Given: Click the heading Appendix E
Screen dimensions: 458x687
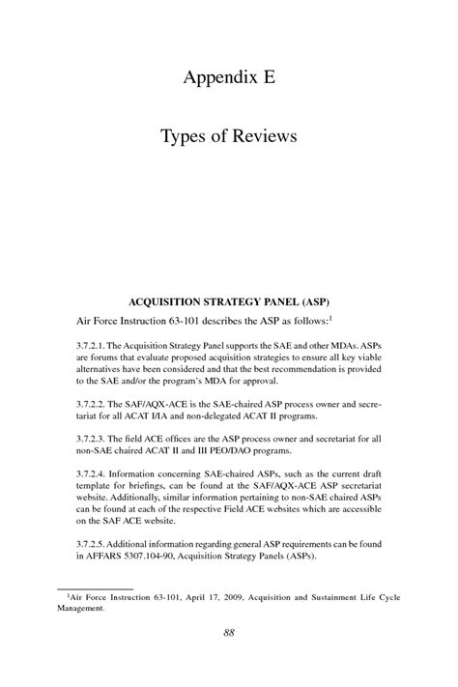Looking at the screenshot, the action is (x=229, y=78).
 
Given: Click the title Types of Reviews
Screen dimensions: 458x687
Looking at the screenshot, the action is (x=229, y=136).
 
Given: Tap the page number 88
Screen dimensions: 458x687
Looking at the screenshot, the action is (x=229, y=661).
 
